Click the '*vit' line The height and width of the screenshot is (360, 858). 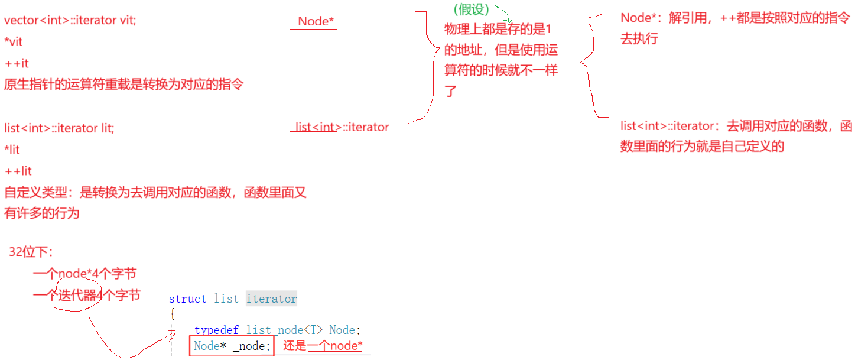click(14, 42)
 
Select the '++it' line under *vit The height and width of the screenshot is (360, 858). click(17, 63)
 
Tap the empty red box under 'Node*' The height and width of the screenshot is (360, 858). click(313, 44)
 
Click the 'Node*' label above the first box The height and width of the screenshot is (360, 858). click(316, 21)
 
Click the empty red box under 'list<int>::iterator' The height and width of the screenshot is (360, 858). click(313, 146)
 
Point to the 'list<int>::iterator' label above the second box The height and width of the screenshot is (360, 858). click(342, 127)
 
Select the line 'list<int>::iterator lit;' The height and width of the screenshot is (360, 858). click(59, 128)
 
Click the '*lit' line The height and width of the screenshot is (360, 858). click(12, 150)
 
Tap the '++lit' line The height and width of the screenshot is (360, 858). click(18, 171)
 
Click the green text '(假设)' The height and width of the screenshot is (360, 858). click(471, 9)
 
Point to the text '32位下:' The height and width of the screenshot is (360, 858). click(31, 252)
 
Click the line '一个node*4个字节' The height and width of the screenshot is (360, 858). click(84, 274)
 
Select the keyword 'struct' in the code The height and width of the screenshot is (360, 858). click(187, 299)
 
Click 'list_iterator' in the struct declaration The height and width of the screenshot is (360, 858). click(255, 299)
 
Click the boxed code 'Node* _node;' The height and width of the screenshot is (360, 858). click(232, 346)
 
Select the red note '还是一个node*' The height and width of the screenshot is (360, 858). click(323, 346)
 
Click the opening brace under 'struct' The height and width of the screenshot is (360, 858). click(173, 314)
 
